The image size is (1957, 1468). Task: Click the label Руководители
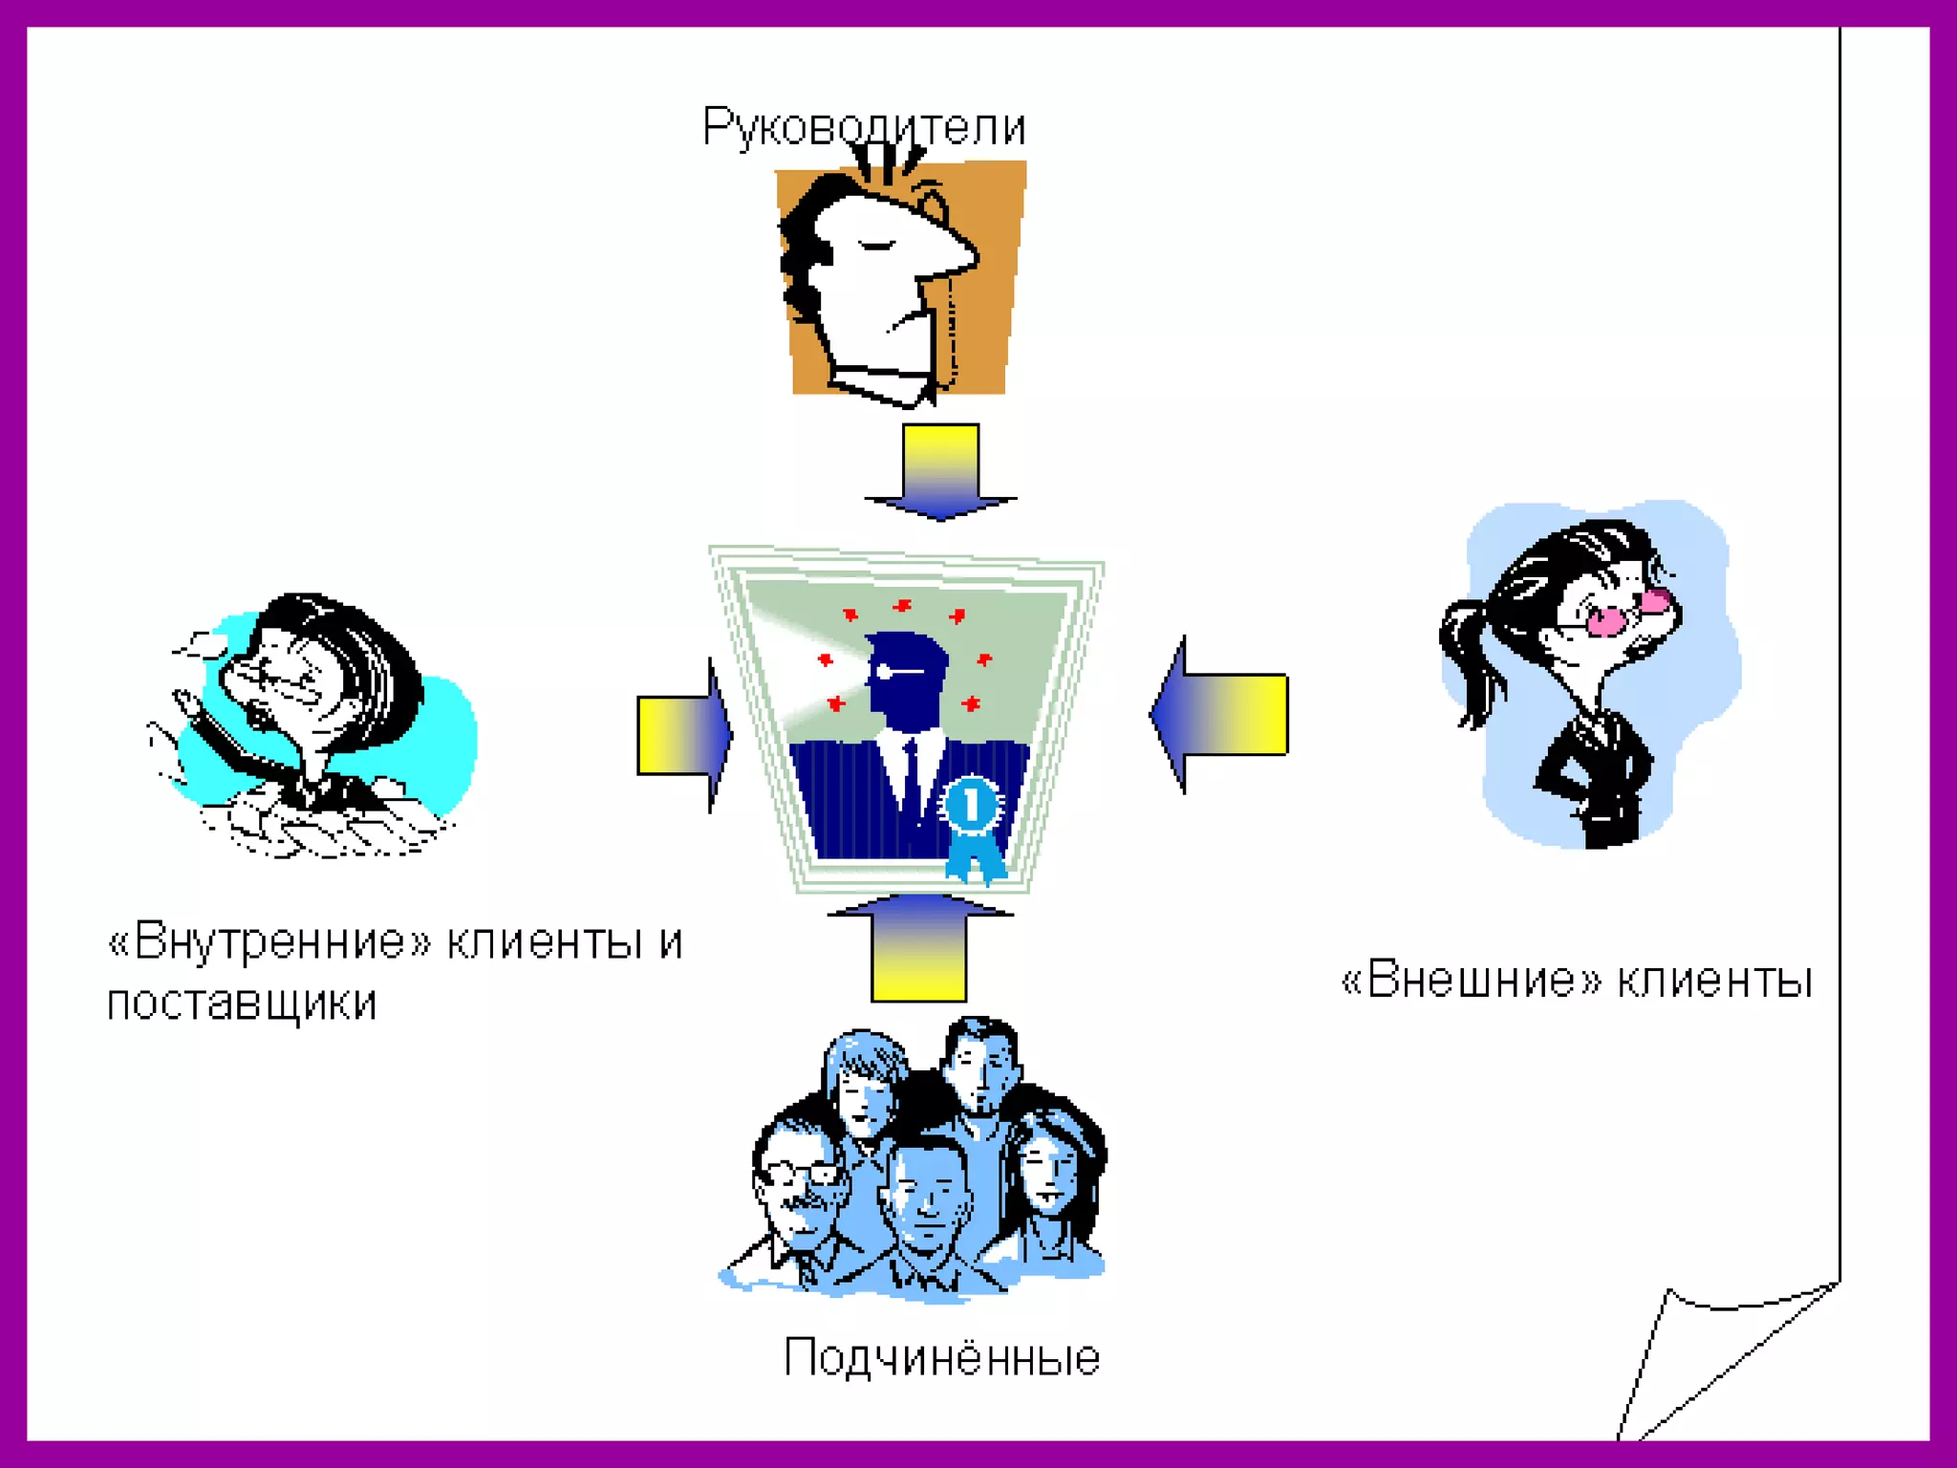tap(864, 127)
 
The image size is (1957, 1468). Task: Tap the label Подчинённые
tap(941, 1358)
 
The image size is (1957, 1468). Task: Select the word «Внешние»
tap(1470, 981)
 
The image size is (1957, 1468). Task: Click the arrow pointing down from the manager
tap(940, 473)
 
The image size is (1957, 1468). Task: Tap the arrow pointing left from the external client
tap(1220, 714)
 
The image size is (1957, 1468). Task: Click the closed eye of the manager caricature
tap(876, 246)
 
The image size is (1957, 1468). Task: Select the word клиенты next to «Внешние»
tap(1715, 981)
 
